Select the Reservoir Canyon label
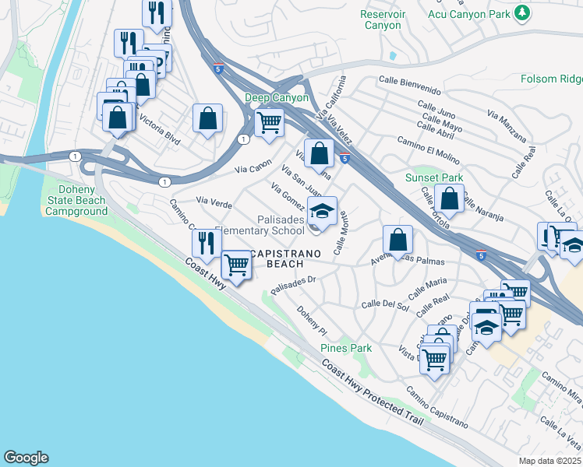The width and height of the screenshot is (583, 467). (380, 19)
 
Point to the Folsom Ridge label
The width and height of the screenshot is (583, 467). (551, 79)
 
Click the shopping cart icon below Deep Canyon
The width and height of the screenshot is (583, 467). (270, 122)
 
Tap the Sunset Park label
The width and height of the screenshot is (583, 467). (434, 178)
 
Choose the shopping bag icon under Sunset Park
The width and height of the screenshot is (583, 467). (450, 199)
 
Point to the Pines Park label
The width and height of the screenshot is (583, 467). (346, 348)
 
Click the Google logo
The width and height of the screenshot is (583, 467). (26, 458)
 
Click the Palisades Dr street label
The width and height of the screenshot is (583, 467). (292, 283)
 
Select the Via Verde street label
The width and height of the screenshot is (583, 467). (214, 203)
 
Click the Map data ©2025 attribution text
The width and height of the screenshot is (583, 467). (549, 461)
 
